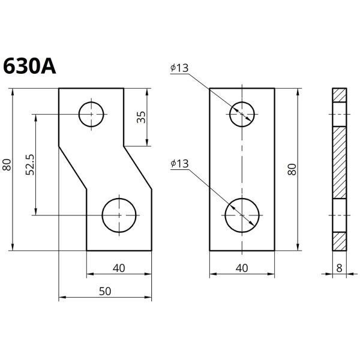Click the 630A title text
tap(29, 66)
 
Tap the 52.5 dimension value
tap(30, 164)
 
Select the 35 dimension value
tap(141, 117)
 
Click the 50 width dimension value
tap(105, 291)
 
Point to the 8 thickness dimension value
tap(339, 268)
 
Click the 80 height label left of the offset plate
tap(7, 164)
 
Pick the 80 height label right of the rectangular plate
tap(292, 169)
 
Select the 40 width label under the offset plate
tap(119, 268)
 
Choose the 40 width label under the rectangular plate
tap(242, 268)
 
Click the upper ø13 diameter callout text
tap(179, 68)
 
